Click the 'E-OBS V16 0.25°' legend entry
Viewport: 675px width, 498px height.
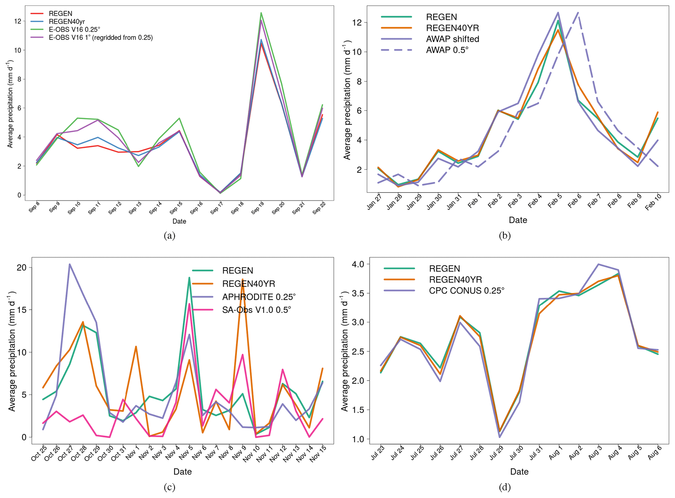[74, 29]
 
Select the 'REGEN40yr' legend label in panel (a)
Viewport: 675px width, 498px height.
[67, 22]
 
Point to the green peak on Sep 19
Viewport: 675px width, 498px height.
[261, 13]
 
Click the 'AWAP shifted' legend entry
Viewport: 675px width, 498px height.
[452, 39]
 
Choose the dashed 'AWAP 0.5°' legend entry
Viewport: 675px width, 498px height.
[447, 50]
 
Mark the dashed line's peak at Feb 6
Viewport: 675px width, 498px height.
[578, 13]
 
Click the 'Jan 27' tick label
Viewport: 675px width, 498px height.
[374, 202]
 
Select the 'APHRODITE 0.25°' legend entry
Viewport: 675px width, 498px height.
[259, 297]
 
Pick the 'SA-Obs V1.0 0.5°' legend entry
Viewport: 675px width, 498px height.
[256, 310]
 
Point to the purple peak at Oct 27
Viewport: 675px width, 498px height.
[70, 264]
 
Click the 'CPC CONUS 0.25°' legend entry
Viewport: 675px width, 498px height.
[466, 290]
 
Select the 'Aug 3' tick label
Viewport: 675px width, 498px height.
[595, 453]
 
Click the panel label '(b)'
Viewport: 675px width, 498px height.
[505, 235]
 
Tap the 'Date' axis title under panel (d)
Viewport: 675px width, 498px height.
[519, 471]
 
